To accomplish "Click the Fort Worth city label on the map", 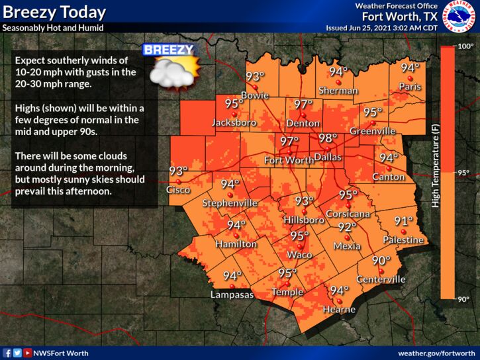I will tap(288, 160).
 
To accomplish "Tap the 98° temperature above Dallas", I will tap(328, 139).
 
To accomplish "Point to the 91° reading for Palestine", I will tap(404, 221).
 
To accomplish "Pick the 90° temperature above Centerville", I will tap(381, 261).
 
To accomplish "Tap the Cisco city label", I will tap(178, 189).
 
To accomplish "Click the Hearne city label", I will tap(339, 309).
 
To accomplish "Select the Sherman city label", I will tap(338, 90).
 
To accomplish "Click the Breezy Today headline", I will tap(54, 12).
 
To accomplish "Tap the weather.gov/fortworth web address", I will tap(437, 353).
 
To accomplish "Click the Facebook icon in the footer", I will tap(7, 353).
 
